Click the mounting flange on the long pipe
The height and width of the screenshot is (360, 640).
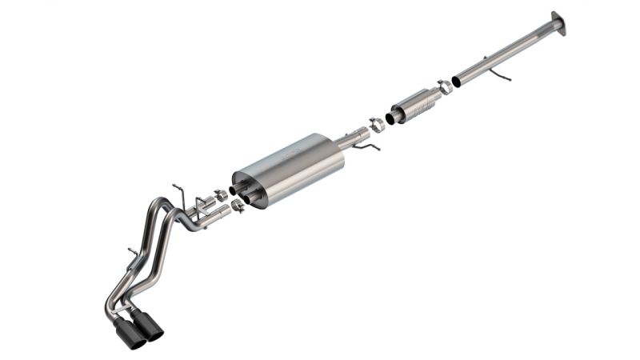558,23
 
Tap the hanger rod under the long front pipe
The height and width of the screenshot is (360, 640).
501,75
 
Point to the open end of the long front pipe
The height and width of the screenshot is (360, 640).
457,81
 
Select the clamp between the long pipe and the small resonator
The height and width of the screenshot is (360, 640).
444,87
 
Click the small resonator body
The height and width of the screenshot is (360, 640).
418,103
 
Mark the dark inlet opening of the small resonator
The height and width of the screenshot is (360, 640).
390,118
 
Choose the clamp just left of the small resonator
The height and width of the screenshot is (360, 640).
375,126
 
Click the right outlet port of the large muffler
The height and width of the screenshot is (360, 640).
250,198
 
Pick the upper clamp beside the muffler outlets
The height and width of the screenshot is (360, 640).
220,195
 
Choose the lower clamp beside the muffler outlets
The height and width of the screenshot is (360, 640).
238,206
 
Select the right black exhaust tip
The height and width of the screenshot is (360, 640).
149,325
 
